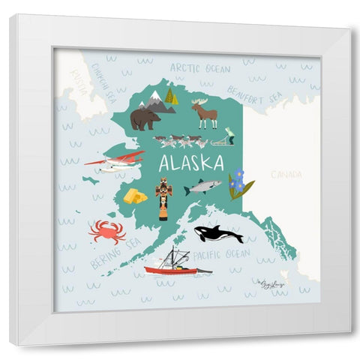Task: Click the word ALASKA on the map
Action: click(x=191, y=163)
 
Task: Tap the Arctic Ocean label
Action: click(x=199, y=68)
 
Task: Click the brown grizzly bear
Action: click(x=145, y=118)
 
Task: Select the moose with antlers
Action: click(x=204, y=114)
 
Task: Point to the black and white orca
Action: click(x=218, y=234)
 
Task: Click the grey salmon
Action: click(x=203, y=186)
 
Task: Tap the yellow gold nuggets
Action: click(x=135, y=196)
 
